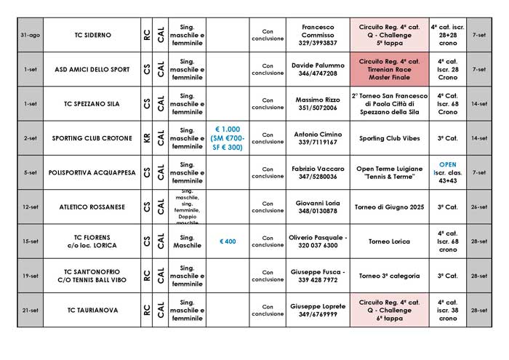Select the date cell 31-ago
pos(30,35)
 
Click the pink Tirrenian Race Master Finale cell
pos(389,69)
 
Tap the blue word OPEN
pos(447,164)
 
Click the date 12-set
pos(30,207)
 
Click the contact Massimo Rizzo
pos(317,103)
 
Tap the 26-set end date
pos(479,207)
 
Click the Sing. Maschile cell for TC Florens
pos(187,241)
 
